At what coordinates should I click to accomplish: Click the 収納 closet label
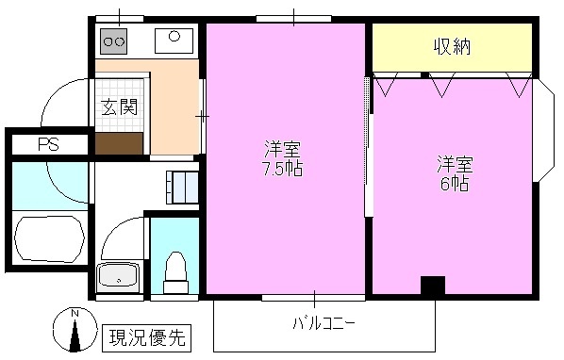point(453,46)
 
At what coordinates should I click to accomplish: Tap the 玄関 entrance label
point(120,107)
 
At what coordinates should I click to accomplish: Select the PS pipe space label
point(47,144)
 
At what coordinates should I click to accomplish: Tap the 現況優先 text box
point(148,335)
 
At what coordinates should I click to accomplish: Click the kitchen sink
point(174,40)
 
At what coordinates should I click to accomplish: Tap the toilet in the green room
point(175,272)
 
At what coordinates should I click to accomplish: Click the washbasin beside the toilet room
point(119,278)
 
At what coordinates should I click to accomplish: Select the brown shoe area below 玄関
point(120,141)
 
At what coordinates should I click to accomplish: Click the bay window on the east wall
point(544,134)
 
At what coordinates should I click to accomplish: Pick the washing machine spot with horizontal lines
point(182,187)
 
